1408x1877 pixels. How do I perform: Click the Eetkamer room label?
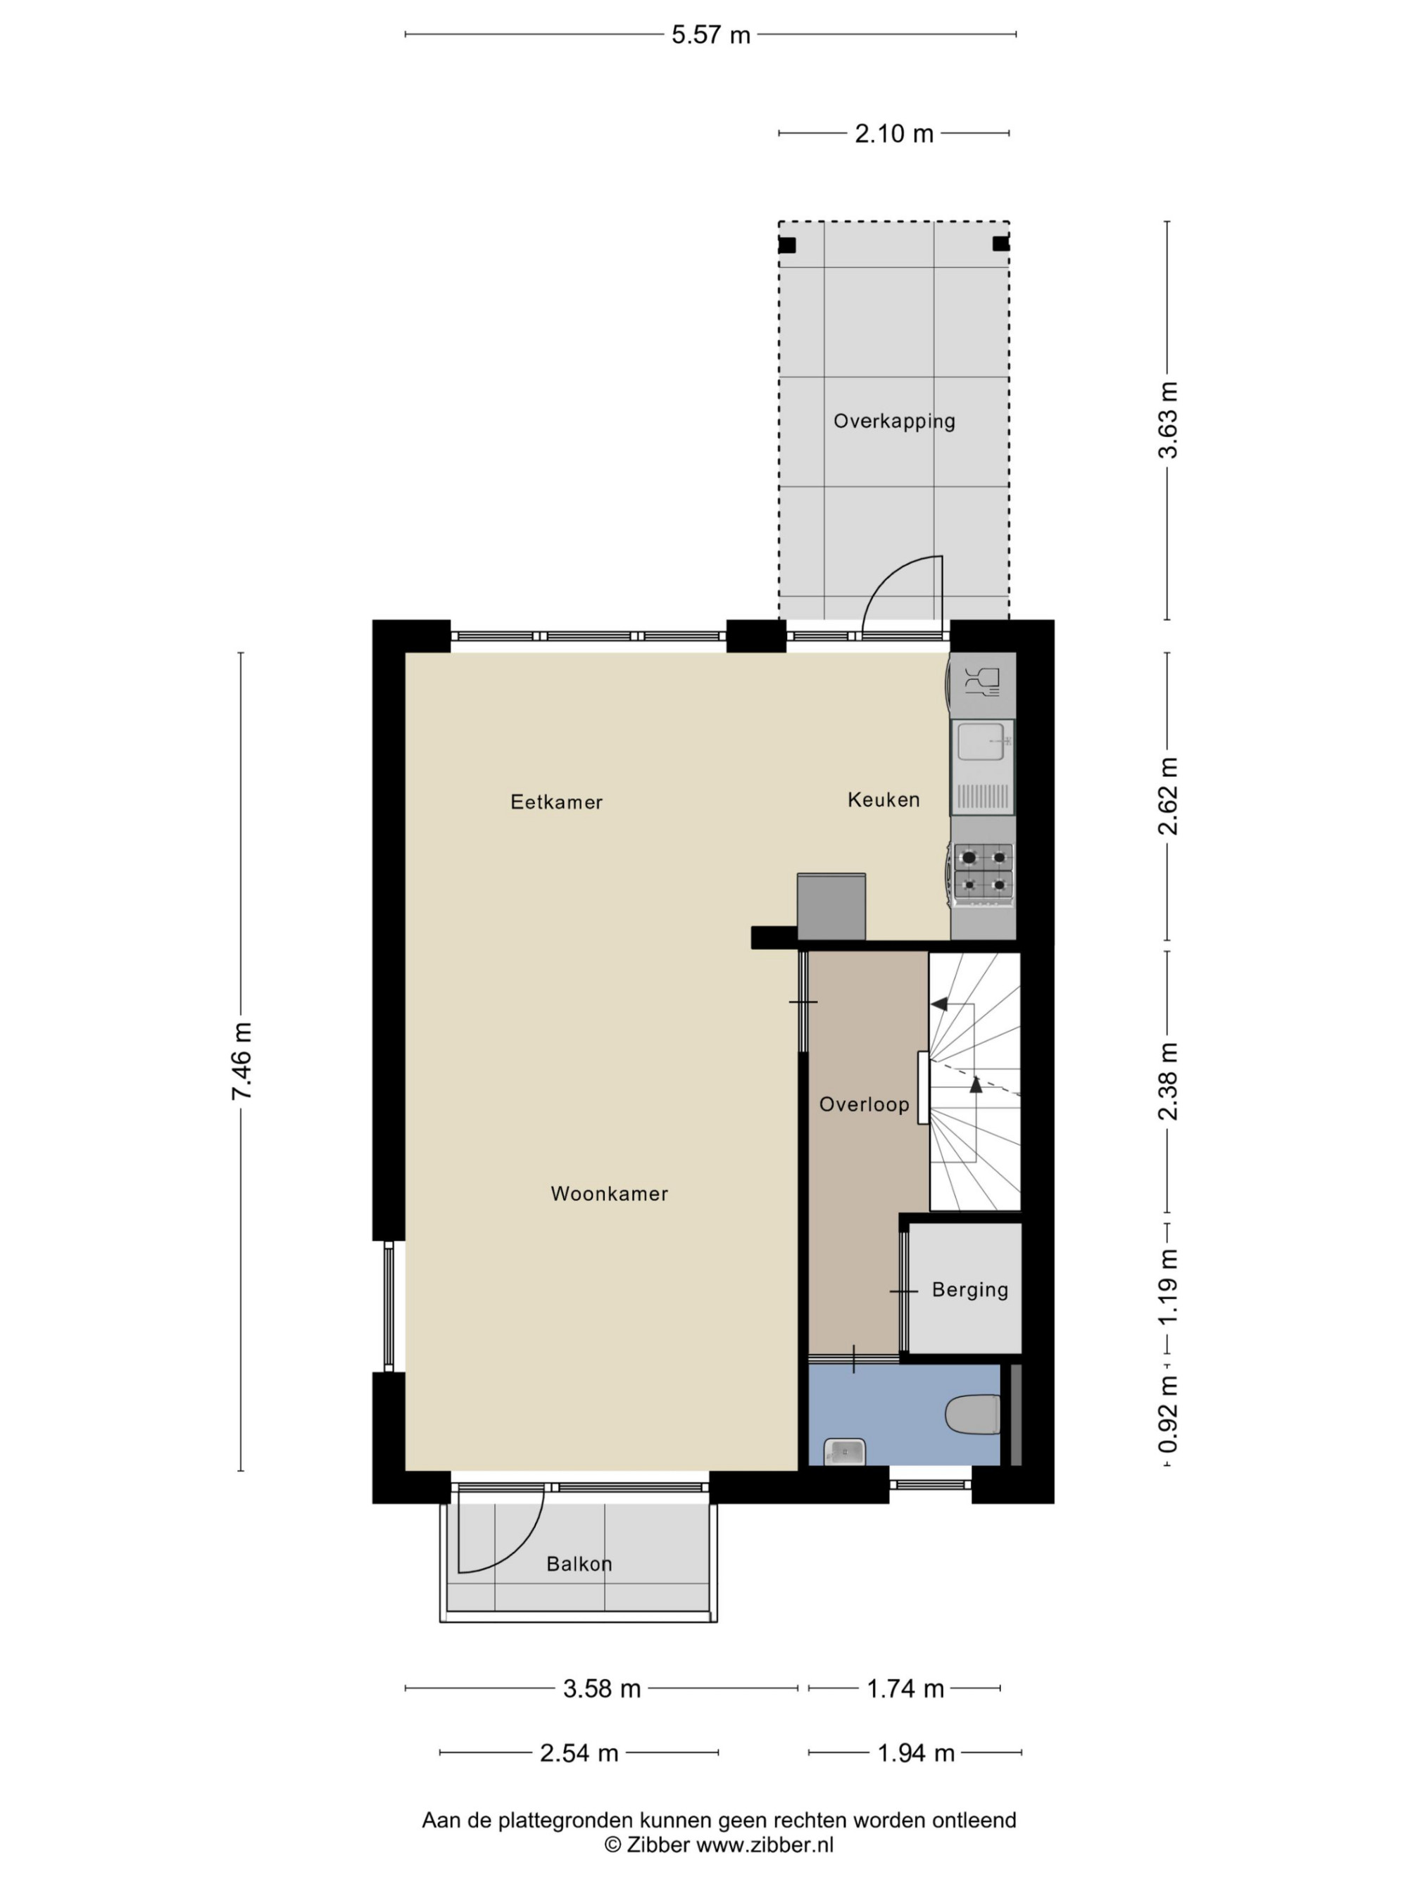pos(556,801)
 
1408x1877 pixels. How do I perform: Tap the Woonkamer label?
pos(610,1193)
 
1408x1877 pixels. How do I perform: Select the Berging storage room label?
pos(969,1290)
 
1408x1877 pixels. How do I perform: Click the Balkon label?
pos(579,1563)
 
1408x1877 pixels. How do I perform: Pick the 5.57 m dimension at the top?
pos(711,34)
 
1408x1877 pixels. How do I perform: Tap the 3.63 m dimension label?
pos(1169,420)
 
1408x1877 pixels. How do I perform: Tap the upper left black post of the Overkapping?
pos(787,245)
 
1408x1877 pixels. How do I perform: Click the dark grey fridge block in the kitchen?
pos(831,906)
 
